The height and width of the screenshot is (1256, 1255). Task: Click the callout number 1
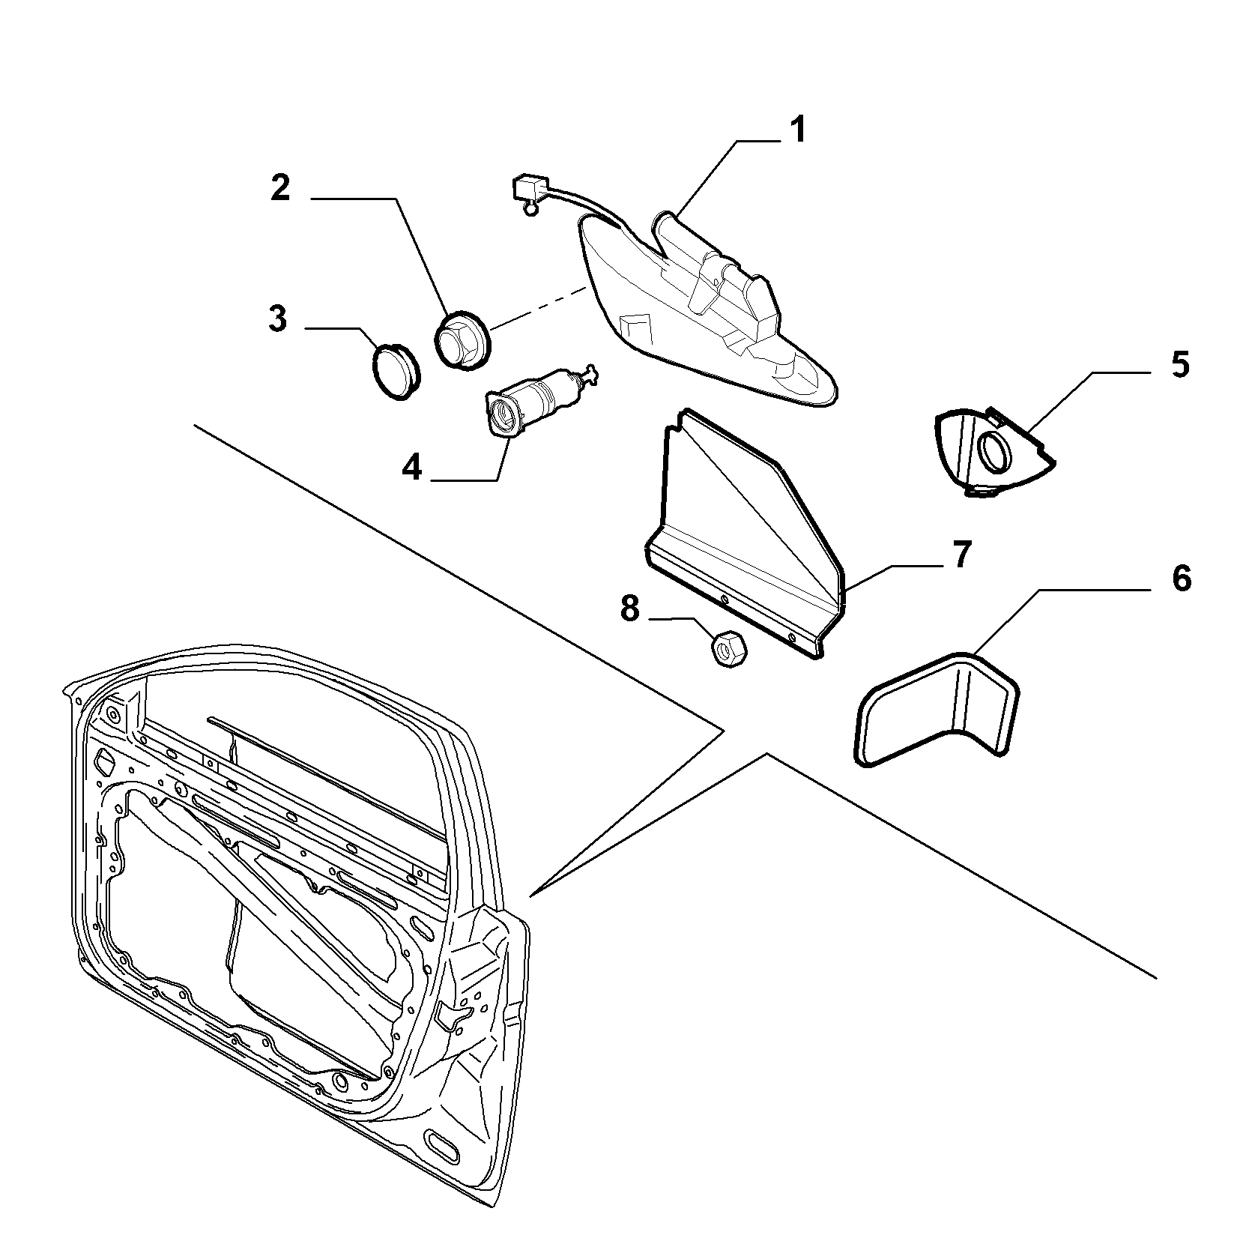[798, 130]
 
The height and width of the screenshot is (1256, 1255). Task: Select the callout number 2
[280, 188]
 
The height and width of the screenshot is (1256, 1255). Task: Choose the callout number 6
[1181, 578]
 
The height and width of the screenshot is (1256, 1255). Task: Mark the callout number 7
[961, 555]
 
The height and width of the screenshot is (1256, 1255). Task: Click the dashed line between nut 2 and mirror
[536, 306]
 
